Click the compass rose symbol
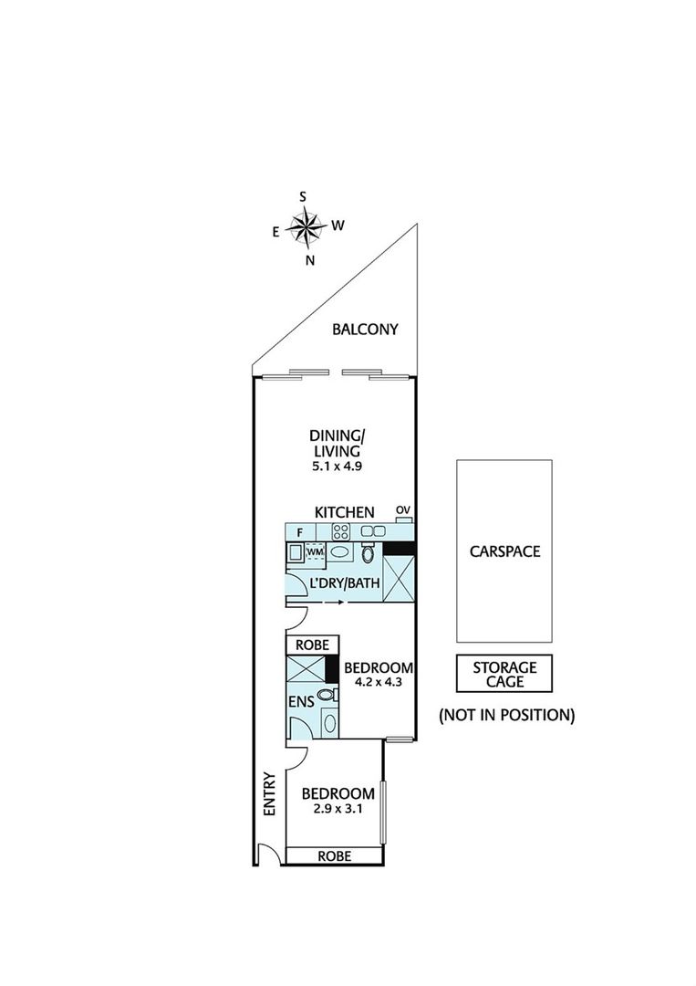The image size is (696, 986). point(306,226)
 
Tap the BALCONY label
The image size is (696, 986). point(365,329)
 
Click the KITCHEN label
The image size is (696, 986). point(344,512)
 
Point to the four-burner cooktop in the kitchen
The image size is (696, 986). point(340,531)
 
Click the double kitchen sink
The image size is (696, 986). point(372,531)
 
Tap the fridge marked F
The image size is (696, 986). point(300,532)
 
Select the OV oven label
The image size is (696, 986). point(402,509)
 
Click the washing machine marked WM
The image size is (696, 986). point(315,551)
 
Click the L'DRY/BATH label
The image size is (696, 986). point(345,582)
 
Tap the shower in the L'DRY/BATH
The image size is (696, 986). point(399,579)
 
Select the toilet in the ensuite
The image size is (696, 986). point(327,696)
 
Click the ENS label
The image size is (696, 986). point(301,702)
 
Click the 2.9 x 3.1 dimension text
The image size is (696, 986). point(338,809)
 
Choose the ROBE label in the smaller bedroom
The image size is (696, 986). point(334,855)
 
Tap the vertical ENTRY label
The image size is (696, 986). point(269,794)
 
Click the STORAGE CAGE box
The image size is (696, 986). point(504,674)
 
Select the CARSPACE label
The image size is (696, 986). point(504,551)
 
